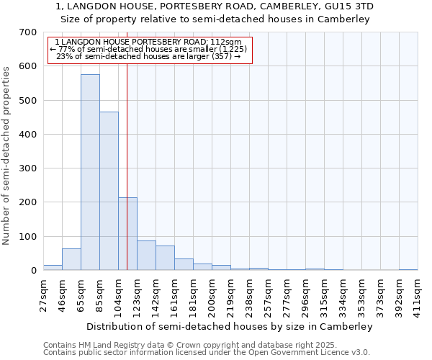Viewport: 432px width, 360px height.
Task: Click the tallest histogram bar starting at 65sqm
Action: point(90,173)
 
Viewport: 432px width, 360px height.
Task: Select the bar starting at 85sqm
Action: point(109,192)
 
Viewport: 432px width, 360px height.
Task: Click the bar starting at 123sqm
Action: point(146,256)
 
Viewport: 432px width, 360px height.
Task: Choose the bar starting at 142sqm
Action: point(165,258)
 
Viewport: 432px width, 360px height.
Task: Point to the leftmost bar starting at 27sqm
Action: point(53,267)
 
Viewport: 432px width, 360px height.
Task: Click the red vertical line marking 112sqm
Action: point(127,144)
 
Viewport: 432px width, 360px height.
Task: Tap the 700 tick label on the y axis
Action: point(28,32)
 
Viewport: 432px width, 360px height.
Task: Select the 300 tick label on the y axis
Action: point(28,168)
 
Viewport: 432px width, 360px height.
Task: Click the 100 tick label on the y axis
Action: point(28,237)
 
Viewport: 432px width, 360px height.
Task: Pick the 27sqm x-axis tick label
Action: point(43,292)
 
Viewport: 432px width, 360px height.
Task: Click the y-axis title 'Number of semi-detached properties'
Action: point(7,155)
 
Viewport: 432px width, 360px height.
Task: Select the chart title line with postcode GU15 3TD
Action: point(215,6)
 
